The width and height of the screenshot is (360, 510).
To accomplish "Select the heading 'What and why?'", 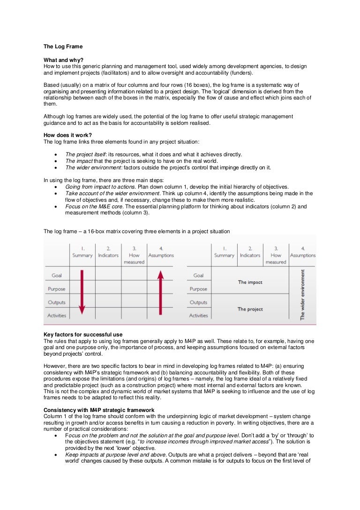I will [63, 60].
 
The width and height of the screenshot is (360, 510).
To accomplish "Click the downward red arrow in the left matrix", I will [82, 291].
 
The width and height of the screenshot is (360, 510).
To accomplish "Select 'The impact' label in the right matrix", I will [250, 282].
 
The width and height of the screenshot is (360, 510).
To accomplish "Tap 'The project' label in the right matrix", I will [250, 309].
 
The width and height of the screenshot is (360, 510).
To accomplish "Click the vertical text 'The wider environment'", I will [302, 295].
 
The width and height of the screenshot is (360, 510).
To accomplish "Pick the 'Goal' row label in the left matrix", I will [57, 275].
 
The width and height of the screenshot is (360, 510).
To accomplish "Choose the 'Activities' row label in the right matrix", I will [198, 316].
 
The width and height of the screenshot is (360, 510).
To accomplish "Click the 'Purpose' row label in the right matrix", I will [198, 289].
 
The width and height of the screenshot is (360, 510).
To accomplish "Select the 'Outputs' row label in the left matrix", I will [57, 303].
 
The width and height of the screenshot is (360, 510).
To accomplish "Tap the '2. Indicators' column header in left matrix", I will [108, 252].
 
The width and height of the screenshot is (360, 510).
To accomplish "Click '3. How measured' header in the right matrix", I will [276, 255].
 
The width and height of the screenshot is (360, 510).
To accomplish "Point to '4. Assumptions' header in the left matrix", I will [161, 252].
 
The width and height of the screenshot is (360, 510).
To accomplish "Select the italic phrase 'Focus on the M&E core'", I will [92, 206].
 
